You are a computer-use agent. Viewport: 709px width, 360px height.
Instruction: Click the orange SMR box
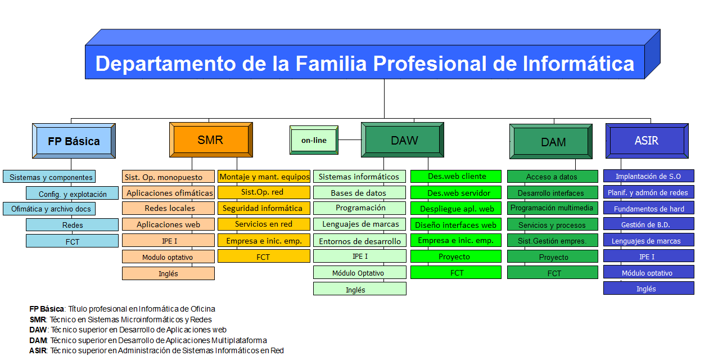tap(211, 139)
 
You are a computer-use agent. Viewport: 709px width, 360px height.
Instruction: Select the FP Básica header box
tap(74, 141)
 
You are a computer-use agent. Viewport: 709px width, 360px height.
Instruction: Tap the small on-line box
tap(314, 140)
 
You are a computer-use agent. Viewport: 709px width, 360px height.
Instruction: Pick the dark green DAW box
tap(403, 139)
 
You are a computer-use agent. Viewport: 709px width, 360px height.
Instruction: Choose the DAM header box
tap(551, 141)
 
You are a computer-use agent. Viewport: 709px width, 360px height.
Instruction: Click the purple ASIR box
tap(647, 141)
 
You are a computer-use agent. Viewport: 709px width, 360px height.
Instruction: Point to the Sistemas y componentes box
tap(49, 177)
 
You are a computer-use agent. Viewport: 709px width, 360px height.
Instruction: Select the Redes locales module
tap(168, 208)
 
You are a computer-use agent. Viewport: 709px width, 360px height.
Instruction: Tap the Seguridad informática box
tap(264, 208)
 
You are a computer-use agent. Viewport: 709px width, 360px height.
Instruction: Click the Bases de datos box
tap(360, 192)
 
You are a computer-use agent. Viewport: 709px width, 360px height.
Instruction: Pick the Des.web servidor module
tap(456, 192)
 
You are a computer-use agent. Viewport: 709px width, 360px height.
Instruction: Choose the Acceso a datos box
tap(553, 177)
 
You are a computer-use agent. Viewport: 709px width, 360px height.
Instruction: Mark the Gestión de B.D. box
tap(648, 224)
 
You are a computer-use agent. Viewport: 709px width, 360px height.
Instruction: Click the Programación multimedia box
tap(553, 208)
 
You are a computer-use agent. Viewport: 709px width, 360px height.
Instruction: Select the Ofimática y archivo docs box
tap(49, 209)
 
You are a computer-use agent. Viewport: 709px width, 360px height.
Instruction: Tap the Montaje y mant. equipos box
tap(264, 177)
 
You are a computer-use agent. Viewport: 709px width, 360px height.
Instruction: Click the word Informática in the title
tap(579, 64)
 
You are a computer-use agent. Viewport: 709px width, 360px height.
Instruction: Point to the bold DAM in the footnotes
tap(38, 340)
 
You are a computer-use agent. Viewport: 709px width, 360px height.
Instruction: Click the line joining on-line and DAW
tap(350, 139)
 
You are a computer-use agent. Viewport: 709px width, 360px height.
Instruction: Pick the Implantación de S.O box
tap(648, 176)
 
